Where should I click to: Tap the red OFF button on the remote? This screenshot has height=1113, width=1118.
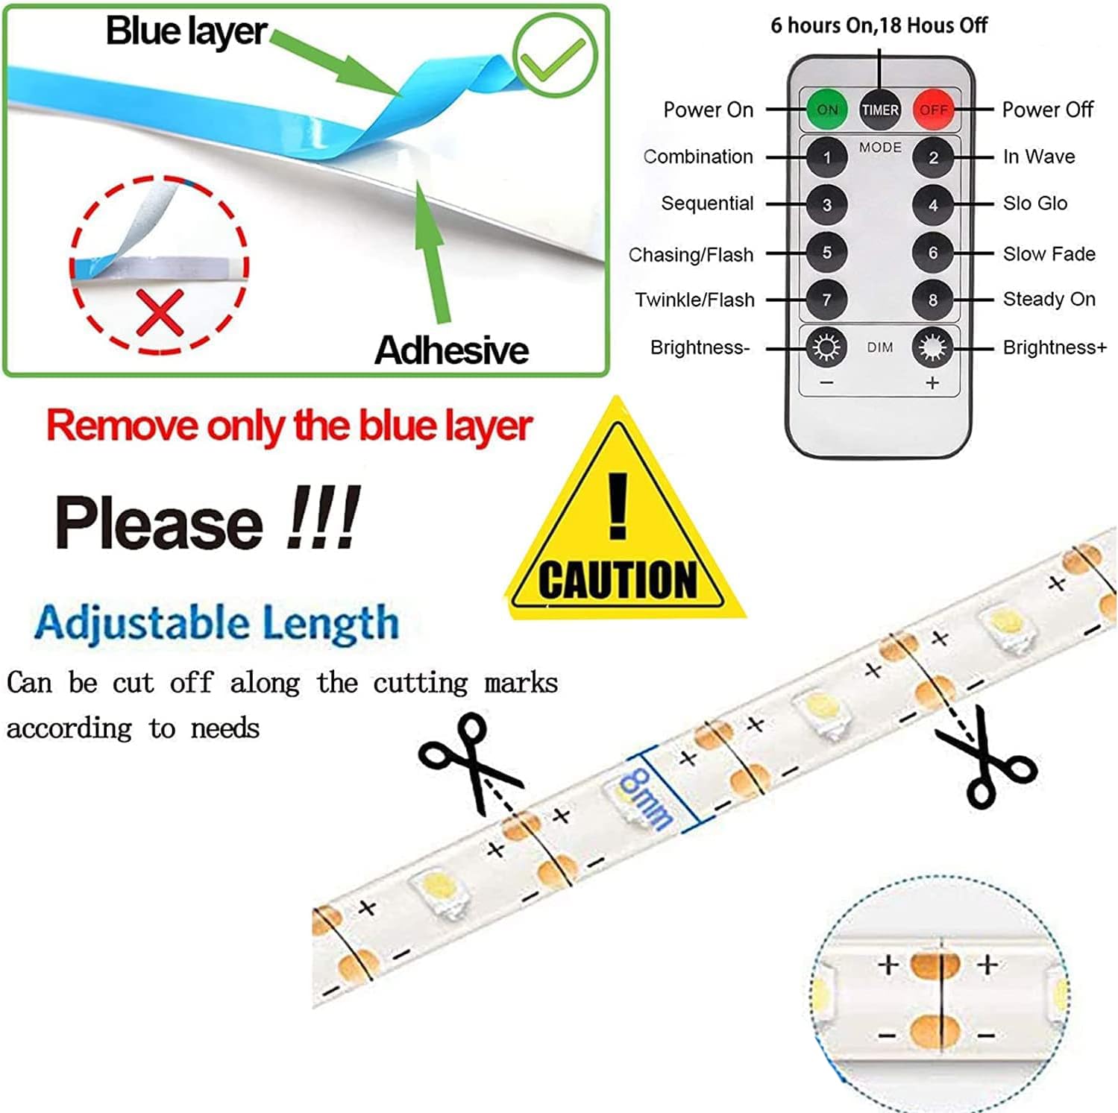(x=933, y=110)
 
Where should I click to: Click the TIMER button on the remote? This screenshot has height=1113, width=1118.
(x=880, y=110)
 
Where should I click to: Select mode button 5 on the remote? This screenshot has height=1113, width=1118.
(x=826, y=253)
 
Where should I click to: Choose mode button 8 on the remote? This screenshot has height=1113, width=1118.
(x=932, y=300)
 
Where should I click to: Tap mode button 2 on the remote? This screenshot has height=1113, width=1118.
(x=932, y=157)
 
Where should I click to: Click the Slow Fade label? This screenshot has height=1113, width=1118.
(x=1049, y=254)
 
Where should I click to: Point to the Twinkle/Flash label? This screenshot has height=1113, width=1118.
(x=694, y=300)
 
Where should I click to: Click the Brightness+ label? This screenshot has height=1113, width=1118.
(x=1055, y=347)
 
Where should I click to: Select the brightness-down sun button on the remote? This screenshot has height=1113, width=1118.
(x=826, y=347)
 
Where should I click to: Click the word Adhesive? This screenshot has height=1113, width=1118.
(x=451, y=350)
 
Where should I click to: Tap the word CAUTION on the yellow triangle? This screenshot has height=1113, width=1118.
(x=618, y=580)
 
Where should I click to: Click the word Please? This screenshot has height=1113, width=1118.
(x=159, y=523)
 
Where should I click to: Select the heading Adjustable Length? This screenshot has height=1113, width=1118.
(x=216, y=624)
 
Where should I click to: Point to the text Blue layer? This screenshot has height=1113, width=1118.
(x=186, y=32)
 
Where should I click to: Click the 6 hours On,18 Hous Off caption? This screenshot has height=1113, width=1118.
(x=879, y=25)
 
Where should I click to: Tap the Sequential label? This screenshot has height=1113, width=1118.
(x=707, y=204)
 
